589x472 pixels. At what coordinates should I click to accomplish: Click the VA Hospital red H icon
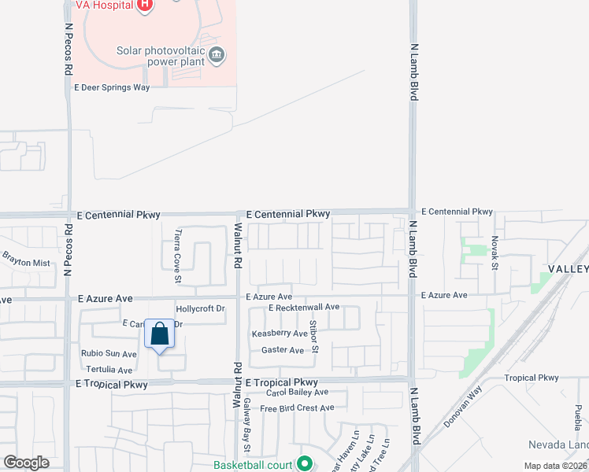pyautogui.click(x=144, y=6)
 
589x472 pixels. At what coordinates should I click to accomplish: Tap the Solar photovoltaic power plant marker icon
pyautogui.click(x=218, y=55)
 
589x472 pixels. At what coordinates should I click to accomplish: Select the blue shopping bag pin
pyautogui.click(x=160, y=336)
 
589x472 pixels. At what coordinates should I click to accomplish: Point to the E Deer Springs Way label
pyautogui.click(x=112, y=87)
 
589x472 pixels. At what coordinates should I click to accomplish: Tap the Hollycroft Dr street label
pyautogui.click(x=201, y=309)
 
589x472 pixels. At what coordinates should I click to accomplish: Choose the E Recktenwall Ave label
pyautogui.click(x=303, y=307)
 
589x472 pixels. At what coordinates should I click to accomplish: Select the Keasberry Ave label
pyautogui.click(x=279, y=334)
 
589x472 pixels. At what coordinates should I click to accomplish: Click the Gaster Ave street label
pyautogui.click(x=282, y=350)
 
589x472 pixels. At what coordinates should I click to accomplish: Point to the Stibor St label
pyautogui.click(x=313, y=336)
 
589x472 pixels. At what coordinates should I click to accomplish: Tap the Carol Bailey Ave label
pyautogui.click(x=297, y=392)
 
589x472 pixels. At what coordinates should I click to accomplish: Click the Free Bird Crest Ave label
pyautogui.click(x=297, y=408)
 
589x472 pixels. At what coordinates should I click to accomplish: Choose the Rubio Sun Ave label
pyautogui.click(x=109, y=354)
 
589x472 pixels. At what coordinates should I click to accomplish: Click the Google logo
pyautogui.click(x=26, y=463)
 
